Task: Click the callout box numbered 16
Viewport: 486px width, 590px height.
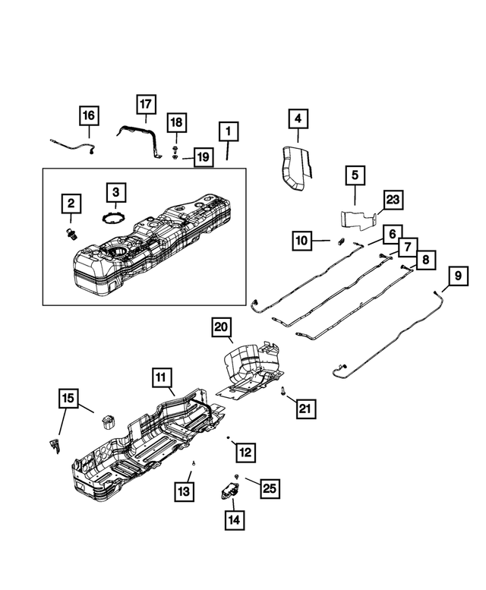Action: point(89,116)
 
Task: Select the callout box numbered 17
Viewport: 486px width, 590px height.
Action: point(146,103)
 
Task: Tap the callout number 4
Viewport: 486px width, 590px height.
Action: point(298,118)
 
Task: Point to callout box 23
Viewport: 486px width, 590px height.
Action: point(393,200)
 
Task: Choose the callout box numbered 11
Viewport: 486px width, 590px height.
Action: point(161,377)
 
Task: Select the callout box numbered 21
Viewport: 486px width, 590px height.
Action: point(305,410)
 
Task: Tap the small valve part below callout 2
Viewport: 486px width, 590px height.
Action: point(72,232)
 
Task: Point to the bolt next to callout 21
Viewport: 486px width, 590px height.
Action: point(283,392)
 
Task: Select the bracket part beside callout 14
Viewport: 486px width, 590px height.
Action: point(230,488)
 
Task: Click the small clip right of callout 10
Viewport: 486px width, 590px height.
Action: point(340,241)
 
